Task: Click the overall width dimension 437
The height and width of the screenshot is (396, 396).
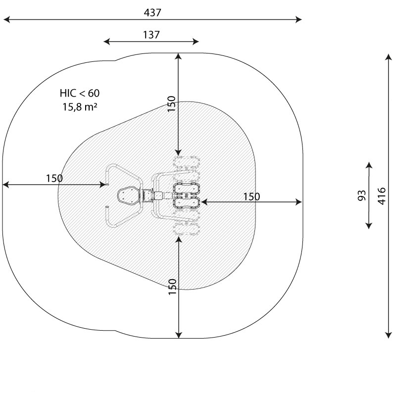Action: click(153, 13)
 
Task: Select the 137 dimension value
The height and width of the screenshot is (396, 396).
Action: click(151, 35)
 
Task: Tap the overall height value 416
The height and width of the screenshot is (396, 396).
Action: click(381, 196)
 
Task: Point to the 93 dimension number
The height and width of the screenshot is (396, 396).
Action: click(362, 196)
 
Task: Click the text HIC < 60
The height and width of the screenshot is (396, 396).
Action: click(80, 93)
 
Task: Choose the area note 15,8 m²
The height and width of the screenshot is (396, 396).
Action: click(80, 105)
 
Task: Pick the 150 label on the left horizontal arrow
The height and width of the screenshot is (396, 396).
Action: click(54, 178)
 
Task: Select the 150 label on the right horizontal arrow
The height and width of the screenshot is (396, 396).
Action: click(251, 197)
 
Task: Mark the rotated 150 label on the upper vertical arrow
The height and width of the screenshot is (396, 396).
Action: click(171, 104)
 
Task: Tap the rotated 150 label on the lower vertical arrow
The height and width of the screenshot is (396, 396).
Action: click(172, 287)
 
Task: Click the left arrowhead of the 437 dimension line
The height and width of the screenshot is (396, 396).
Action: click(6, 20)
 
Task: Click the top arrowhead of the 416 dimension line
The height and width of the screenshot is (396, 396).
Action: click(389, 58)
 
